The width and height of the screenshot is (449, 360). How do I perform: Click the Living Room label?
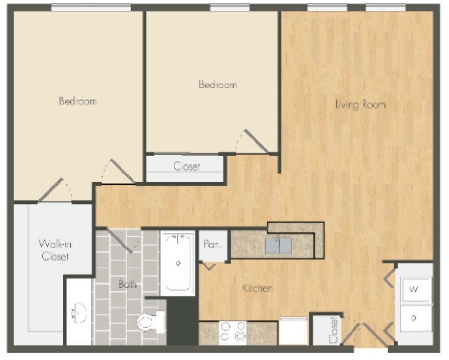point(360,105)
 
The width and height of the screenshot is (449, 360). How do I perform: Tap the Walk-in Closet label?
point(55,250)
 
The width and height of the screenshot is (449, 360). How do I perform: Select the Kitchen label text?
point(257,288)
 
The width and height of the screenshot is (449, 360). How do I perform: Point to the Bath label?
point(127,284)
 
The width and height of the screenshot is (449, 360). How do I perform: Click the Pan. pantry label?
point(212,244)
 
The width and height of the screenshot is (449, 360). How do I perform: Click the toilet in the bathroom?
point(151,322)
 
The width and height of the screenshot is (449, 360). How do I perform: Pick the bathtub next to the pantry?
point(178,263)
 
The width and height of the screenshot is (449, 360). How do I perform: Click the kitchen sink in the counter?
point(278,246)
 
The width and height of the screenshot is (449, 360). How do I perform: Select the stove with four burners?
point(233,333)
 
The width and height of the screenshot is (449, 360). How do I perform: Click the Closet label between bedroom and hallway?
point(187,166)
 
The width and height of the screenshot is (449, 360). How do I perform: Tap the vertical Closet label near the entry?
point(334,330)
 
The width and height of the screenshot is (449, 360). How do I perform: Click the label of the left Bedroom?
point(78,101)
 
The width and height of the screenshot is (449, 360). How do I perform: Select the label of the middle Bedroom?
point(218,85)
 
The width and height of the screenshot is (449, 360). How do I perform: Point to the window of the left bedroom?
point(91,8)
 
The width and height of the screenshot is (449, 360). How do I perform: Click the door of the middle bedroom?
point(256,141)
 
